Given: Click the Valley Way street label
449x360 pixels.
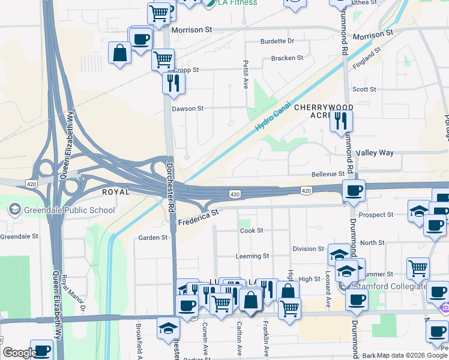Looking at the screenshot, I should pos(375,153).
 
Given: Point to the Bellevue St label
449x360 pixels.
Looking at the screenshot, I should pos(328,174).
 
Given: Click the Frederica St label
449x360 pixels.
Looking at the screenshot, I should pos(197,217).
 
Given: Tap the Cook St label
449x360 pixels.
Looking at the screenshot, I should pos(252,230).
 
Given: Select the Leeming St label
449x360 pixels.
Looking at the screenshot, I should pos(252,256).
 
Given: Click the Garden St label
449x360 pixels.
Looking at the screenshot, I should pos(153,238).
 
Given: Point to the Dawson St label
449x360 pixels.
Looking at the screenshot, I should pos(188,109).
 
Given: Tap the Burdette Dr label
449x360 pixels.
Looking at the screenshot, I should pos(277,41).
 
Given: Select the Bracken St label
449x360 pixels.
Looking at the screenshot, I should pos(287,58).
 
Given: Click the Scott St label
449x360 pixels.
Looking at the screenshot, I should pos(364,89).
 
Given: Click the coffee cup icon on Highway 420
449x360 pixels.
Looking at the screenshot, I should pos(354,191).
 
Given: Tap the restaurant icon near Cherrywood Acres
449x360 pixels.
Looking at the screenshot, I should pos(341,121).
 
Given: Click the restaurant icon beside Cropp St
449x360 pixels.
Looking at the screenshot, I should pos(173,83).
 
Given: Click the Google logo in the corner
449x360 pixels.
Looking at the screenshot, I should pos(19,353).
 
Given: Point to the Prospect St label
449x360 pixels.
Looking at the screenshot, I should pos(375,215).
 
